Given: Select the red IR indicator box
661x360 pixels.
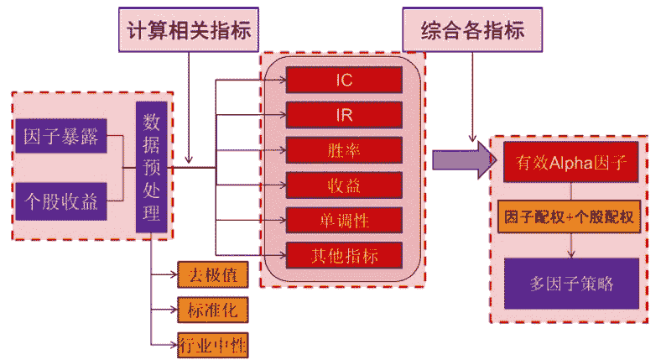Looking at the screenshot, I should click(344, 114).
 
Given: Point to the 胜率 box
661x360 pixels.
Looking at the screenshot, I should click(344, 149).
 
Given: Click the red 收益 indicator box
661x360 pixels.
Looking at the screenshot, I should click(344, 185).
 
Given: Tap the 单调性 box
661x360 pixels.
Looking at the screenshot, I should click(344, 220).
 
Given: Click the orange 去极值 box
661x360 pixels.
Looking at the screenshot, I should click(213, 275).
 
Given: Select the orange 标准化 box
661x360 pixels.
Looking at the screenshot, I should click(213, 310).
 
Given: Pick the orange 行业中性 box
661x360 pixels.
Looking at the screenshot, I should click(213, 345).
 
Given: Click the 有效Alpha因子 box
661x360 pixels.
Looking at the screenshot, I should click(571, 164).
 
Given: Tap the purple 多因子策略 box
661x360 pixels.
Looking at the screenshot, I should click(571, 284).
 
